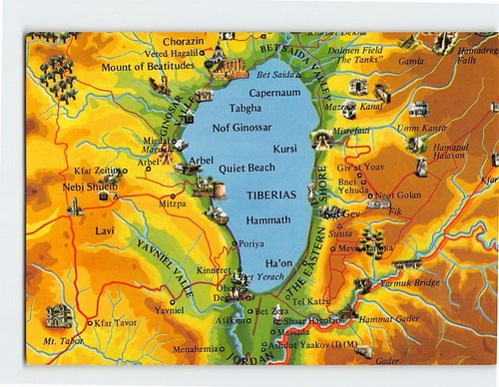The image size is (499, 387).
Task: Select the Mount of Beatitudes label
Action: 148,66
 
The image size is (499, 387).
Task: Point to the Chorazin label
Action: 183,41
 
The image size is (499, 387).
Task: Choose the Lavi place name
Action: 106,230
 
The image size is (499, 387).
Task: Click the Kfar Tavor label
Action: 118,323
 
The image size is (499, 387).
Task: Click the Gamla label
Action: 411,60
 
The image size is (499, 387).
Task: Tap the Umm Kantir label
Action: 421,128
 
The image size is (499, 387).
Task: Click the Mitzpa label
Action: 172,202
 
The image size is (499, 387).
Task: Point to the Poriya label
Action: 251,242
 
